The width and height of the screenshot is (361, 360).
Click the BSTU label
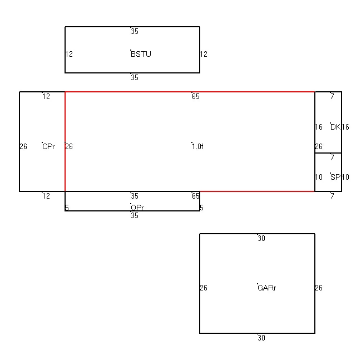click(141, 54)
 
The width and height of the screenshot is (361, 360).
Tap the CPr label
click(48, 146)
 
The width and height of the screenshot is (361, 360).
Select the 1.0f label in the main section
click(197, 146)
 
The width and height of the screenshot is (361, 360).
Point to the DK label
click(335, 127)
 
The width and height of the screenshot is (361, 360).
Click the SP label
click(335, 177)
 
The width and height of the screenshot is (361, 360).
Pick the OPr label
click(137, 208)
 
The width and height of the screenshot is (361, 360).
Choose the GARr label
click(267, 288)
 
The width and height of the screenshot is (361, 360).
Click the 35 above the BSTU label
click(135, 31)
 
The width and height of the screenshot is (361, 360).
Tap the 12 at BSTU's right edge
click(204, 54)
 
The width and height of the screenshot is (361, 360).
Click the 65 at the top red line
click(196, 96)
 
